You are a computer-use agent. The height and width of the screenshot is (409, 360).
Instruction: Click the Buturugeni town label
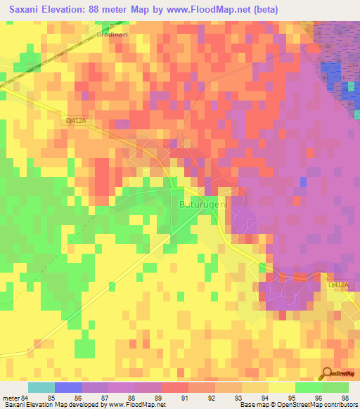coord(201,204)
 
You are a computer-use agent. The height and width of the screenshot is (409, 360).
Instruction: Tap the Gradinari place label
coord(113,34)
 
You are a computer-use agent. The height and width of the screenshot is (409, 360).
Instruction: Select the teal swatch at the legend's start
coord(41,387)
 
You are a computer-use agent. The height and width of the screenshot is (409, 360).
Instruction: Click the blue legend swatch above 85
coord(67,387)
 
